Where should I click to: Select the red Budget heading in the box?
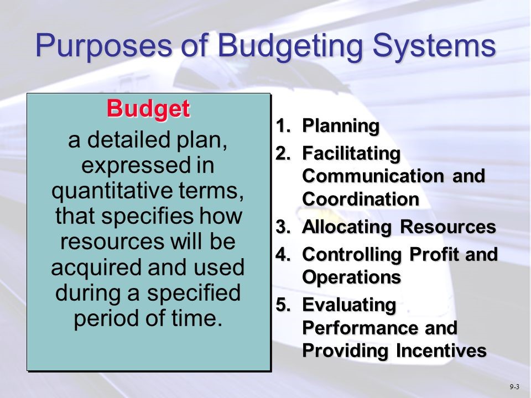(x=148, y=108)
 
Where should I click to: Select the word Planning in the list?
(x=341, y=127)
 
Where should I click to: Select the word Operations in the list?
(x=351, y=278)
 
